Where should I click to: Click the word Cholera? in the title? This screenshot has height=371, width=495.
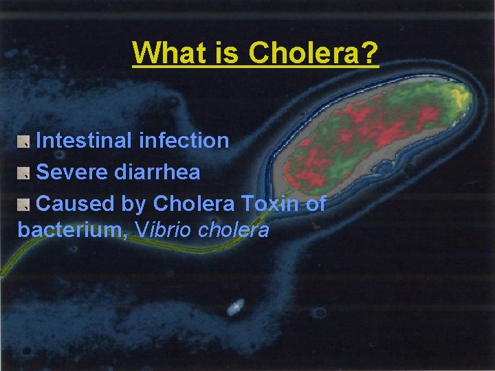(314, 52)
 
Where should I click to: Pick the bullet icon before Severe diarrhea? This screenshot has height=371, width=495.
(24, 173)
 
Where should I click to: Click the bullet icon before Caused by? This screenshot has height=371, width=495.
(24, 204)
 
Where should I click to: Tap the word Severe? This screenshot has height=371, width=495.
(72, 172)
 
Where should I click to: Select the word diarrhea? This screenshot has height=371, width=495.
(157, 172)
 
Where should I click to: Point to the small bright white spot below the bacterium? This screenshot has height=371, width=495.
(236, 306)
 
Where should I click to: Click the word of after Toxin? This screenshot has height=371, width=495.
(315, 203)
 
